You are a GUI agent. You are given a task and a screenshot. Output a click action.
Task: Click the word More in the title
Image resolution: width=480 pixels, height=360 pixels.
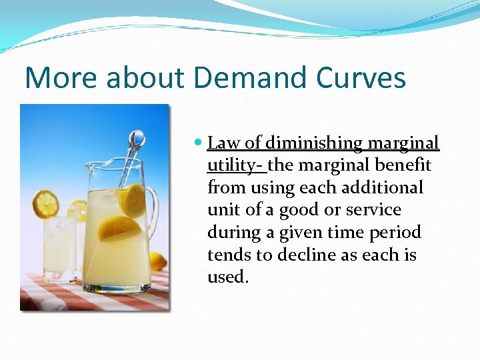pyautogui.click(x=55, y=78)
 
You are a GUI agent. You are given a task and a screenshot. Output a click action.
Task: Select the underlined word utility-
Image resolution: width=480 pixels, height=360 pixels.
pyautogui.click(x=236, y=165)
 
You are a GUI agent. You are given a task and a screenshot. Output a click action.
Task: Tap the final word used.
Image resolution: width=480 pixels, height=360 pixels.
pyautogui.click(x=227, y=276)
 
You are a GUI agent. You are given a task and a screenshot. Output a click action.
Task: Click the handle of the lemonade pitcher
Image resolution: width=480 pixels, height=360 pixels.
pyautogui.click(x=153, y=207)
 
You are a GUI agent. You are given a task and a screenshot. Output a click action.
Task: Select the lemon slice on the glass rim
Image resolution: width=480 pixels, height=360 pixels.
pyautogui.click(x=45, y=203)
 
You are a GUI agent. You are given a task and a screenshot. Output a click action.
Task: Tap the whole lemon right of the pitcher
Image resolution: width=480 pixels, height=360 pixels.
pyautogui.click(x=159, y=261)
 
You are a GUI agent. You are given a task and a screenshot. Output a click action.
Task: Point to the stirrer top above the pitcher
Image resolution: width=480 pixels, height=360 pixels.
pyautogui.click(x=136, y=138)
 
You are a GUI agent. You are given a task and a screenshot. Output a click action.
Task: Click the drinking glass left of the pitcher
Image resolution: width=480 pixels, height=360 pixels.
pyautogui.click(x=60, y=243)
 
